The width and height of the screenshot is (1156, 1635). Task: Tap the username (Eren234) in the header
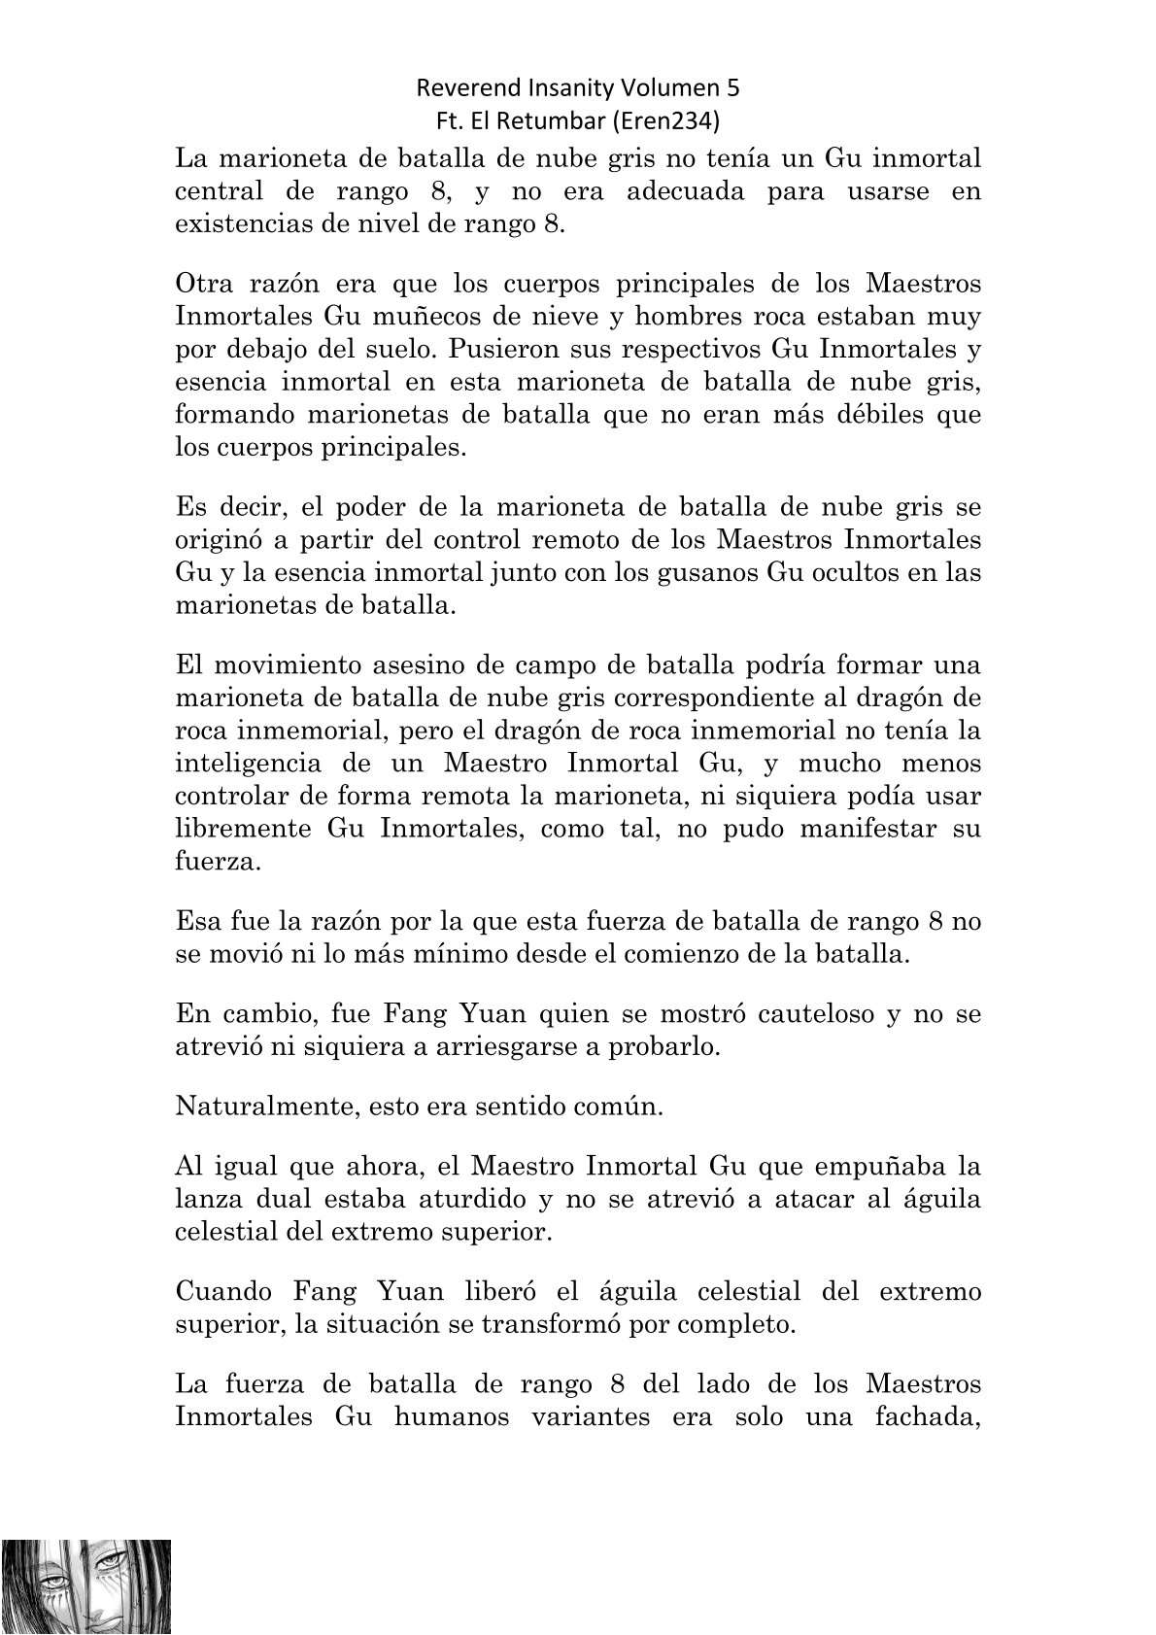coord(677,121)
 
